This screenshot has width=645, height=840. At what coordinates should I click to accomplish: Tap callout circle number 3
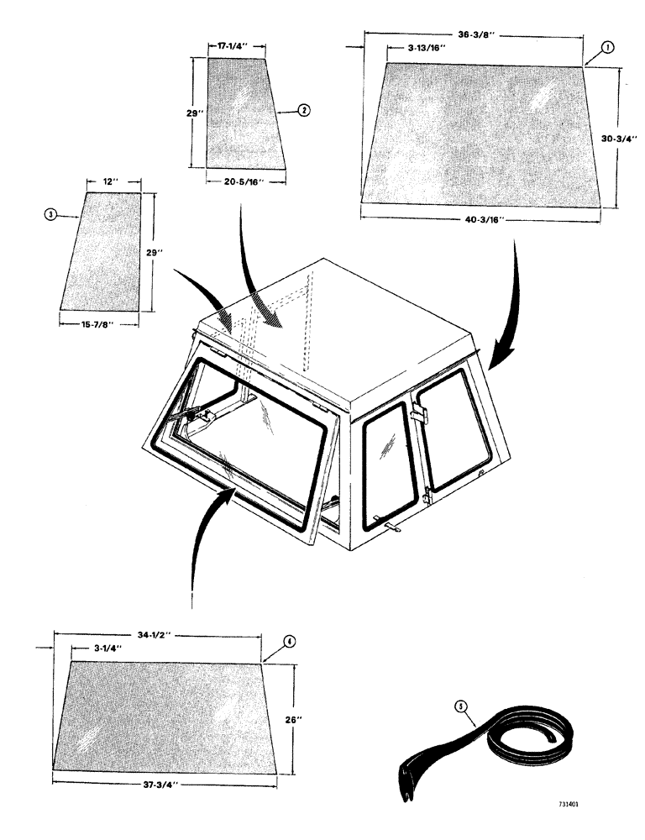click(x=52, y=215)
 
